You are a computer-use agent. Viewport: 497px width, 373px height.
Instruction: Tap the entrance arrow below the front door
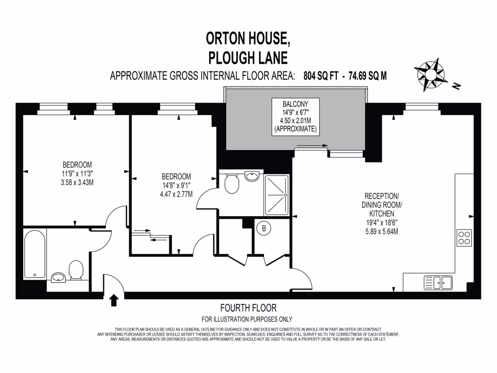click(x=115, y=301)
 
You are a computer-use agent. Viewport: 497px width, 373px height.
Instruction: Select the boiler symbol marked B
click(x=265, y=228)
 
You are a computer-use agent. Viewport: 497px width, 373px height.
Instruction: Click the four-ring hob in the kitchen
click(x=464, y=237)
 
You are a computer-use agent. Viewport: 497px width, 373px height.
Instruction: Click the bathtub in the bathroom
click(x=35, y=254)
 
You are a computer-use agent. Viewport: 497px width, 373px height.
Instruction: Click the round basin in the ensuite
click(x=252, y=176)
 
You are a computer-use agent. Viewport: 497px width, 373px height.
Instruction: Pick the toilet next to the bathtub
click(x=76, y=270)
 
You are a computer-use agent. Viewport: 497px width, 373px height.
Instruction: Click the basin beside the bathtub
click(x=59, y=277)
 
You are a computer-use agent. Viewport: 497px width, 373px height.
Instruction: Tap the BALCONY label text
click(x=295, y=104)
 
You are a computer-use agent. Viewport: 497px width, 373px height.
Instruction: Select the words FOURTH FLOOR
click(x=248, y=308)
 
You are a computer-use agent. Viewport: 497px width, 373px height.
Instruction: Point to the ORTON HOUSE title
click(x=248, y=38)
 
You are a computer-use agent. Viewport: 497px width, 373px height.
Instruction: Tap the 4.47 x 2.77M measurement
click(x=176, y=194)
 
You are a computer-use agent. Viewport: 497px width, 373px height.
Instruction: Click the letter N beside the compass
click(x=456, y=86)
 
